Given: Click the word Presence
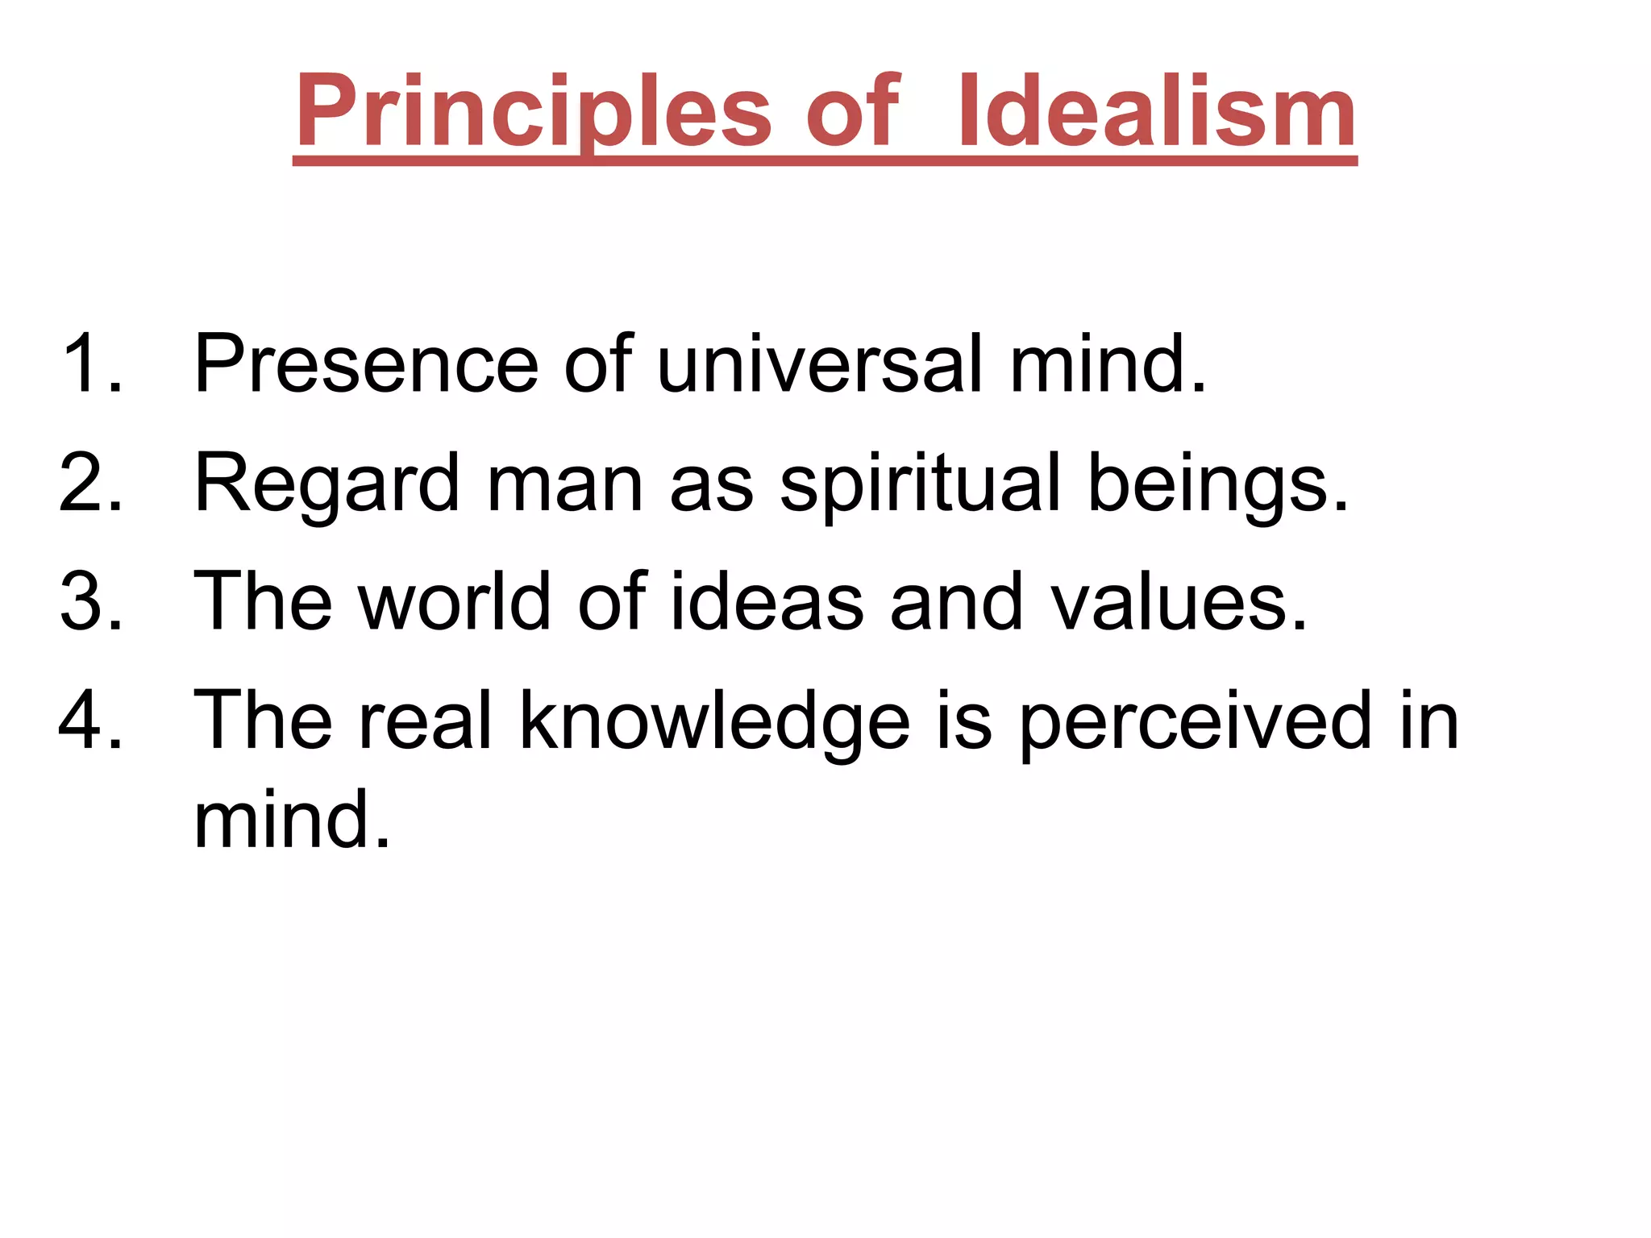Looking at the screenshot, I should pyautogui.click(x=366, y=364).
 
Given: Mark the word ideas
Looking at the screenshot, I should pyautogui.click(x=767, y=601).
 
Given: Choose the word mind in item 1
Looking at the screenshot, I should pyautogui.click(x=1108, y=364).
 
